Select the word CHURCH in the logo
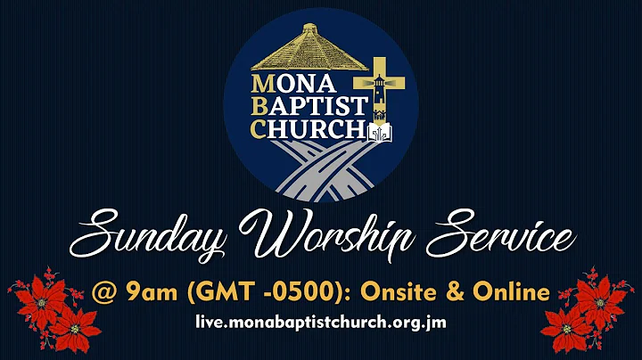tap(308, 129)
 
